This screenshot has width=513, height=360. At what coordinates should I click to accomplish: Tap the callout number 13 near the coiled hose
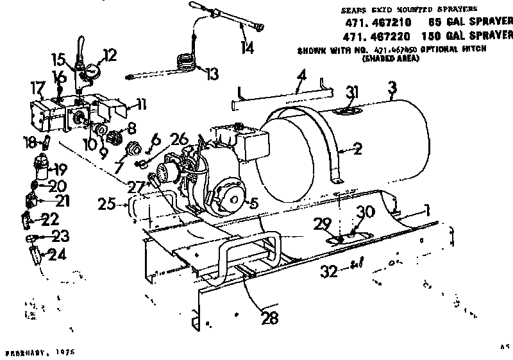tap(212, 74)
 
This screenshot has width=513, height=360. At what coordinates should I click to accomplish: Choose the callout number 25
tap(108, 204)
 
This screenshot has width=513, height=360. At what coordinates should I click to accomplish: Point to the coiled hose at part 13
tap(185, 62)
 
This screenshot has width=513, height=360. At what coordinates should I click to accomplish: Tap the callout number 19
tap(59, 171)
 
